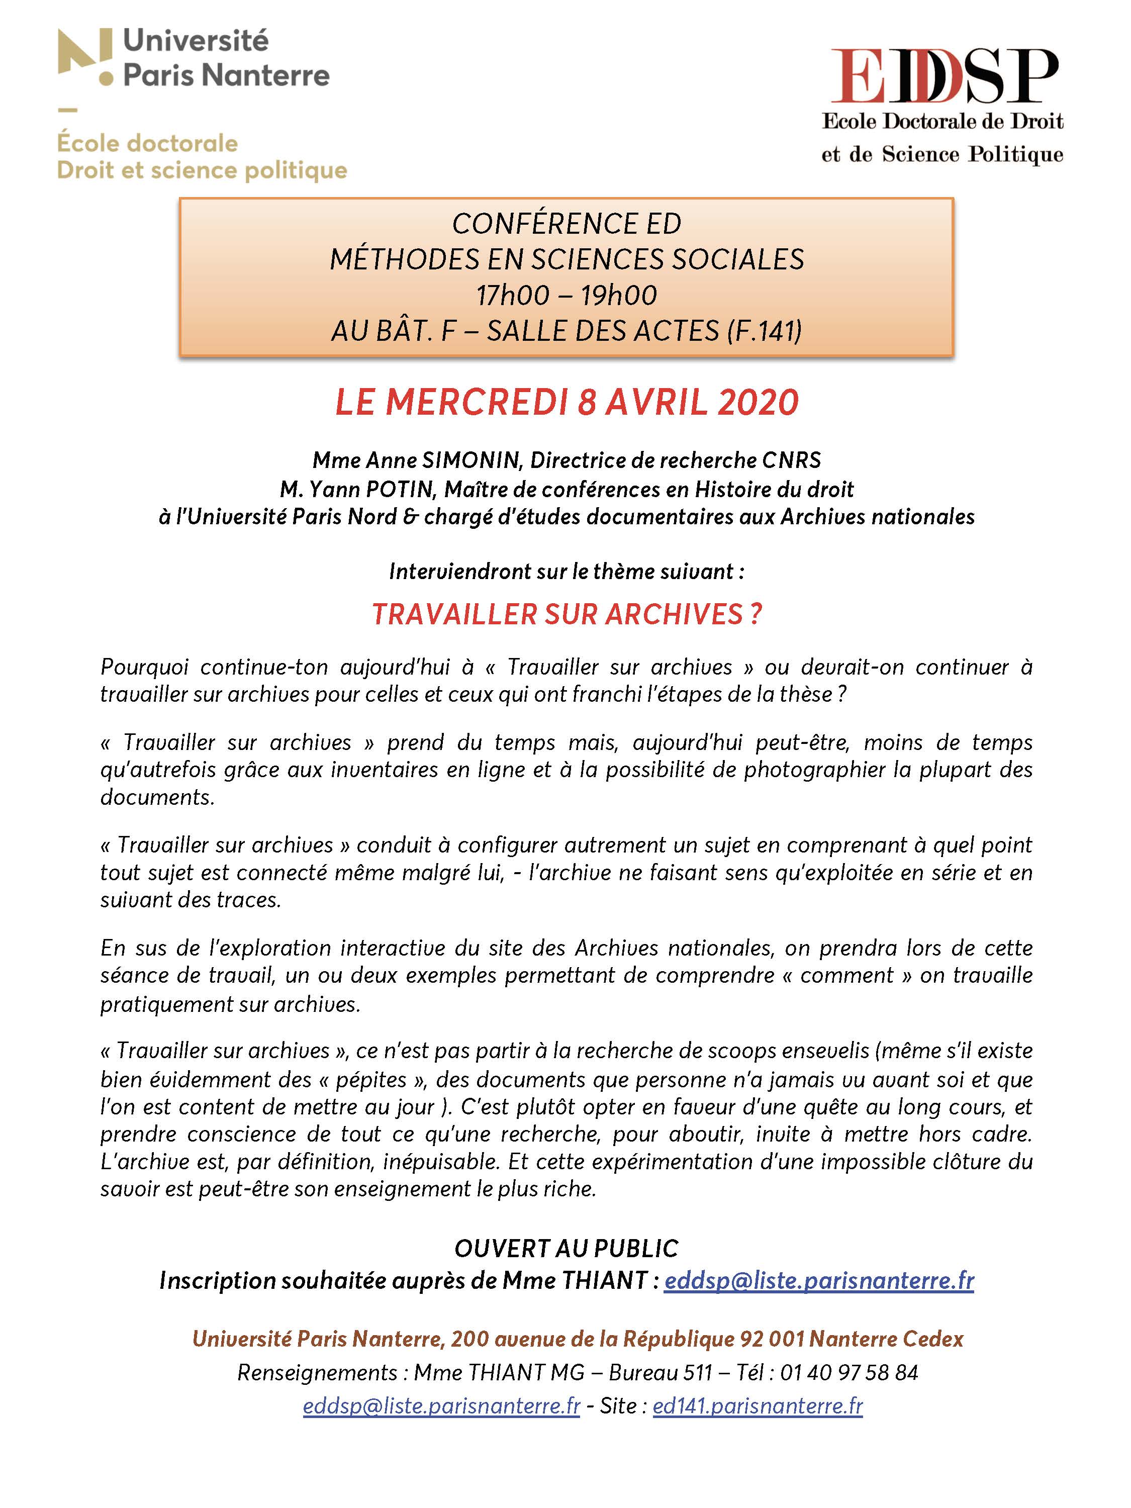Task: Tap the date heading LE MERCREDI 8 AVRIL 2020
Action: point(566,402)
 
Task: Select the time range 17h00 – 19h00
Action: point(566,295)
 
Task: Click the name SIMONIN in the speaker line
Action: point(471,460)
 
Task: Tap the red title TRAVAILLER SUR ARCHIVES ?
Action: point(566,614)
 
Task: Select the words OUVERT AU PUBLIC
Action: point(566,1248)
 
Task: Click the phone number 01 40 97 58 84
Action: point(849,1372)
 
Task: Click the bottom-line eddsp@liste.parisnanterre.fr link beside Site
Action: point(441,1406)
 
